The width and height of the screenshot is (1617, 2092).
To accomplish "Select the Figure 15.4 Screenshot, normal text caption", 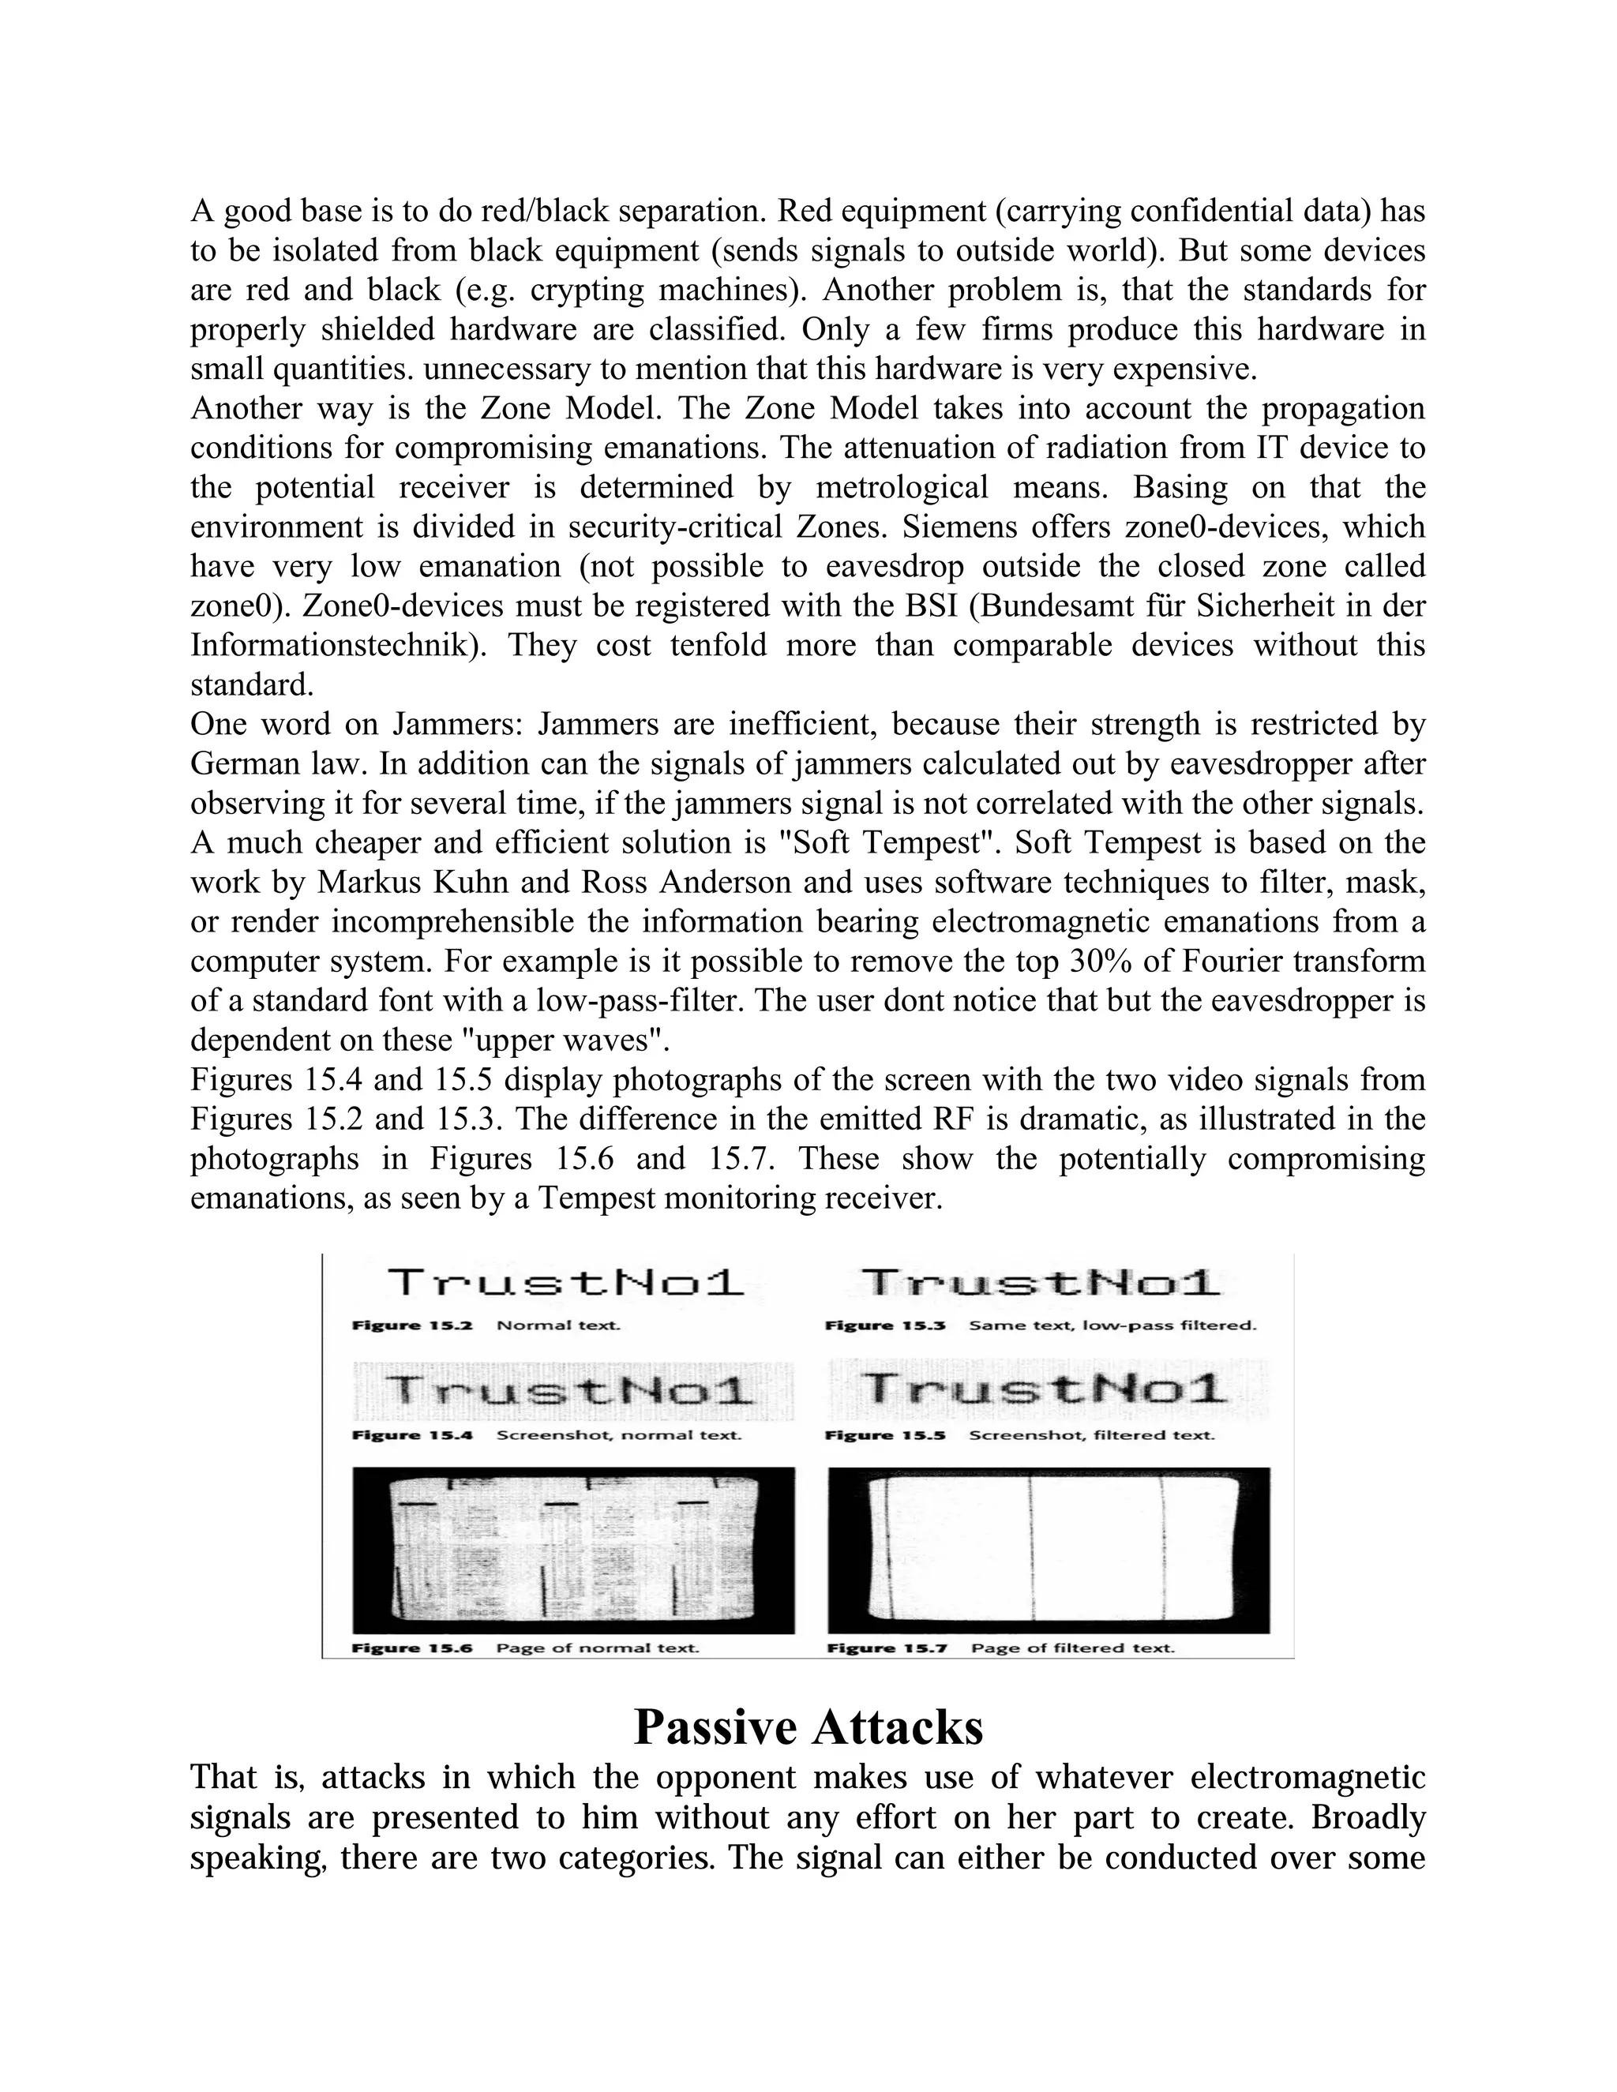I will pos(546,1435).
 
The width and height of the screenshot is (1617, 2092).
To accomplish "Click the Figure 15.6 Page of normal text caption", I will pos(526,1648).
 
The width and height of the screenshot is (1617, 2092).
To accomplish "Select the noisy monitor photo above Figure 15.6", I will pos(573,1550).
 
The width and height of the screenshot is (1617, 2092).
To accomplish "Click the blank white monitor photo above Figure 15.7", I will pos(1048,1550).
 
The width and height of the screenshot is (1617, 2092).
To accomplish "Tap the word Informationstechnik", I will pos(336,646).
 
